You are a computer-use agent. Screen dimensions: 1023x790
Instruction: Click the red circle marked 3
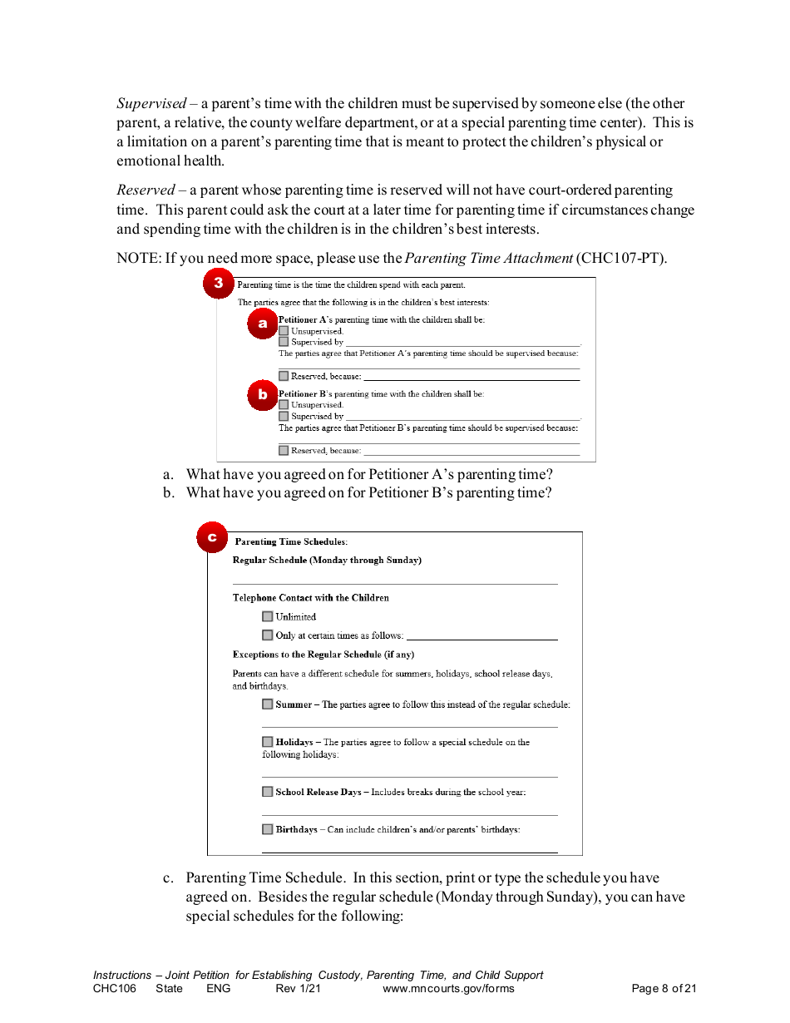[x=218, y=283]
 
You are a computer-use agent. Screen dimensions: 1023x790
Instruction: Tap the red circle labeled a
[x=262, y=324]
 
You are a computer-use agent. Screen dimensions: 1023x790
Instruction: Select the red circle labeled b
[x=262, y=395]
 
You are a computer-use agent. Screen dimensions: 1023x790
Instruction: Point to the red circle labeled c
[x=212, y=537]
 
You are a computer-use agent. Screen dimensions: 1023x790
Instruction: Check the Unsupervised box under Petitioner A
[x=284, y=331]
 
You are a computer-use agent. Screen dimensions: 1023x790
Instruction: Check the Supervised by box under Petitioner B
[x=284, y=416]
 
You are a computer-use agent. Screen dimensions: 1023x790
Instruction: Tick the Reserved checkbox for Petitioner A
[x=284, y=376]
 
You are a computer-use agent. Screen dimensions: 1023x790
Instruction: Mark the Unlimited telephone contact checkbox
[x=267, y=616]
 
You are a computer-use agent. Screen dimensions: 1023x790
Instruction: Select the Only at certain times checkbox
[x=267, y=635]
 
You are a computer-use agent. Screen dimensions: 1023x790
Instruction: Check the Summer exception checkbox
[x=267, y=704]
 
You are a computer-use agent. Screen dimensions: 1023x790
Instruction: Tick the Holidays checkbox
[x=267, y=742]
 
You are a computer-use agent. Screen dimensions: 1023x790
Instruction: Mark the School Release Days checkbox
[x=267, y=792]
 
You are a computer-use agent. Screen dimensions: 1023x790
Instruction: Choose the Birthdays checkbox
[x=267, y=829]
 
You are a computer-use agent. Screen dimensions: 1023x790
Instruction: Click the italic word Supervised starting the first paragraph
[x=151, y=104]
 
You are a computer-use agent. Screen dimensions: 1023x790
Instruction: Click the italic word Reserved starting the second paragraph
[x=146, y=190]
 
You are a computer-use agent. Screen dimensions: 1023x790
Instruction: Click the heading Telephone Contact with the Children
[x=310, y=598]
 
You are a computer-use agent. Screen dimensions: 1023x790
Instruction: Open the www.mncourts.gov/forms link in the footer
[x=448, y=989]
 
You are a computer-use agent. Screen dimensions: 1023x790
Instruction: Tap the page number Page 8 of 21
[x=664, y=989]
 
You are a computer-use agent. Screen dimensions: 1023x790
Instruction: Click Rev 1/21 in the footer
[x=298, y=989]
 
